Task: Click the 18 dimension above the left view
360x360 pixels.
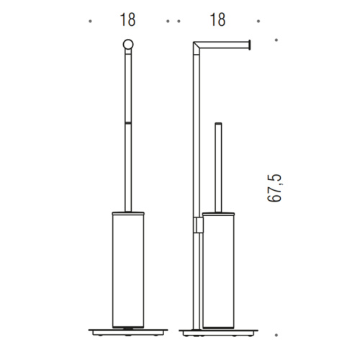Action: [x=127, y=20]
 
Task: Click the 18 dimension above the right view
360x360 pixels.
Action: [x=215, y=20]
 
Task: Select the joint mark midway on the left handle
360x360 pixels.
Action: [x=127, y=123]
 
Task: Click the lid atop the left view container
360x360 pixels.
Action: [x=127, y=211]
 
